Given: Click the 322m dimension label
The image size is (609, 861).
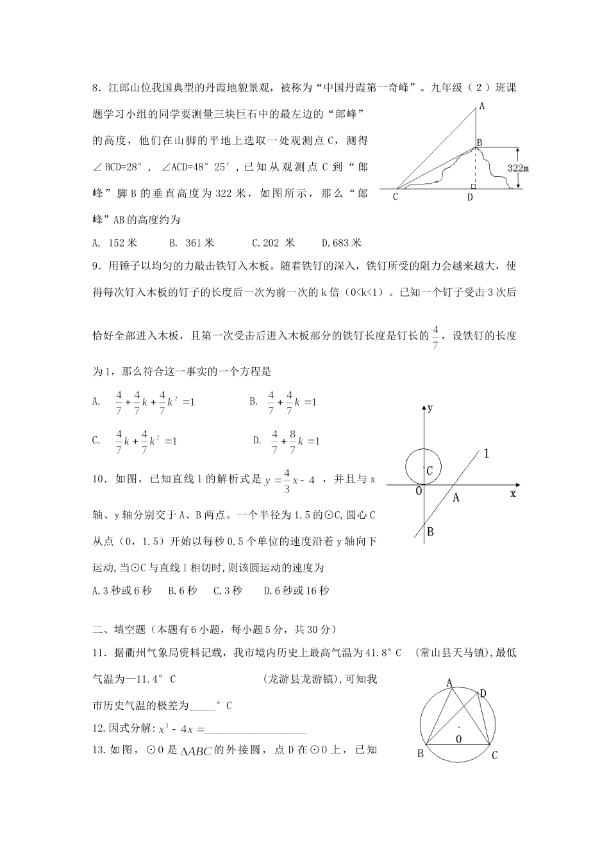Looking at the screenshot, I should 518,168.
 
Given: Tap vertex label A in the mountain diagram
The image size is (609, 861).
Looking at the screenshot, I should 481,107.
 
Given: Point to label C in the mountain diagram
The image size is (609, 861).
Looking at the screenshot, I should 396,197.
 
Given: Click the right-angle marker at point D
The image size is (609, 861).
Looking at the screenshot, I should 473,186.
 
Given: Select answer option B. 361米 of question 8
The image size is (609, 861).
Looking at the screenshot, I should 192,243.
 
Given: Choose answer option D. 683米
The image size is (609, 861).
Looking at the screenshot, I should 342,243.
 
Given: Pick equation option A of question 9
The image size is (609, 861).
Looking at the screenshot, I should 145,402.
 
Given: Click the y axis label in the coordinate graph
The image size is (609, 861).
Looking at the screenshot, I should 430,407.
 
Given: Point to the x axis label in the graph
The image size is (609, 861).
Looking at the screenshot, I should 513,494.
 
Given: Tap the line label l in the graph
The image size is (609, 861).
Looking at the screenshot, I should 486,454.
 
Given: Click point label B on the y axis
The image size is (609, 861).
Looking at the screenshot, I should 430,532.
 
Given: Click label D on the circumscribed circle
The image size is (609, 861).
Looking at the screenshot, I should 483,693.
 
